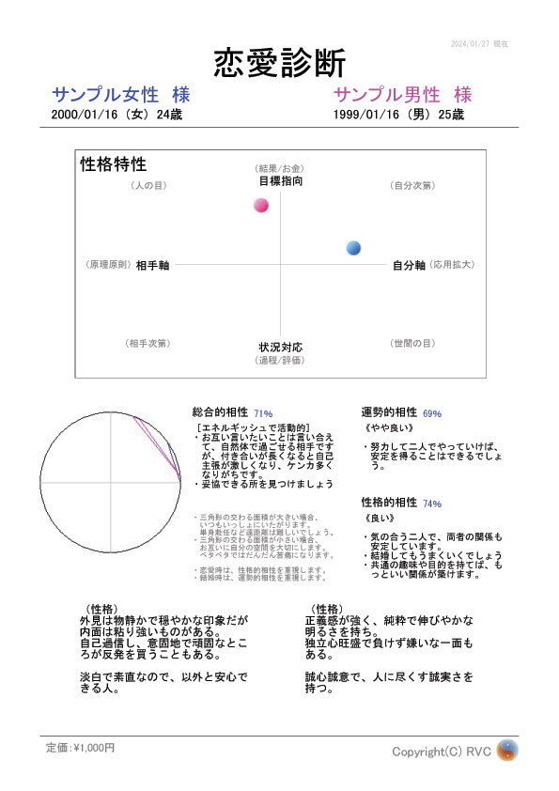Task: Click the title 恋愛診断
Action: tap(279, 63)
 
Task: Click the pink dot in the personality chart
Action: tap(261, 205)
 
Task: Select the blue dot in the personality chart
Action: tap(353, 248)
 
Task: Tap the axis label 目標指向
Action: tap(281, 180)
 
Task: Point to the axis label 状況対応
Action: tap(281, 348)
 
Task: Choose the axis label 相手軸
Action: tap(152, 266)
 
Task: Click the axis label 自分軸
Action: tap(409, 266)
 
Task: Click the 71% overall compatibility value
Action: tap(262, 413)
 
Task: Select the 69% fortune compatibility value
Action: tap(432, 413)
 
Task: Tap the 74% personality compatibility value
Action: tap(432, 504)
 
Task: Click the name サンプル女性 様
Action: tap(122, 95)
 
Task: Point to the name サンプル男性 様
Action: tap(402, 95)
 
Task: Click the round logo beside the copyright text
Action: tap(507, 751)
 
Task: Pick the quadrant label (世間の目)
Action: tap(412, 344)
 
